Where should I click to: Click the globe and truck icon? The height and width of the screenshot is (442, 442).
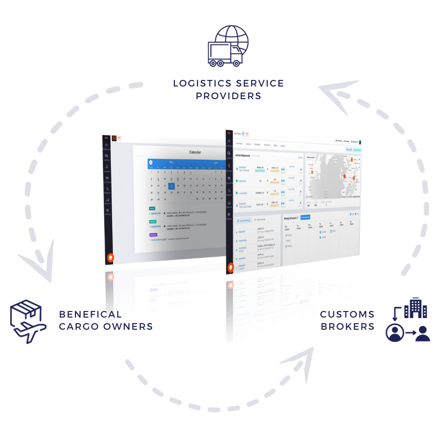227,46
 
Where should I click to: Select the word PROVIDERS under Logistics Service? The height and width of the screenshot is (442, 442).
228,96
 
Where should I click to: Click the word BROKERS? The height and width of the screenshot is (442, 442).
347,326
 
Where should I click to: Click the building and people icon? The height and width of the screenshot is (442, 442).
407,320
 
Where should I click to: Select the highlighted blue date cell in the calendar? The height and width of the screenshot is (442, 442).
172,186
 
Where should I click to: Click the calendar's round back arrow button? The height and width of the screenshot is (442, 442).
151,162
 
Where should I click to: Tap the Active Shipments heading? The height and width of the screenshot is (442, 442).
243,155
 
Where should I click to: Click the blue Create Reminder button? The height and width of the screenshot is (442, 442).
305,217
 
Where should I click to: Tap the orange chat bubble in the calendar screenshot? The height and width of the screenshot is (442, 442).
111,257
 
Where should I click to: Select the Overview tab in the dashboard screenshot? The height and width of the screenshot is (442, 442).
239,145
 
